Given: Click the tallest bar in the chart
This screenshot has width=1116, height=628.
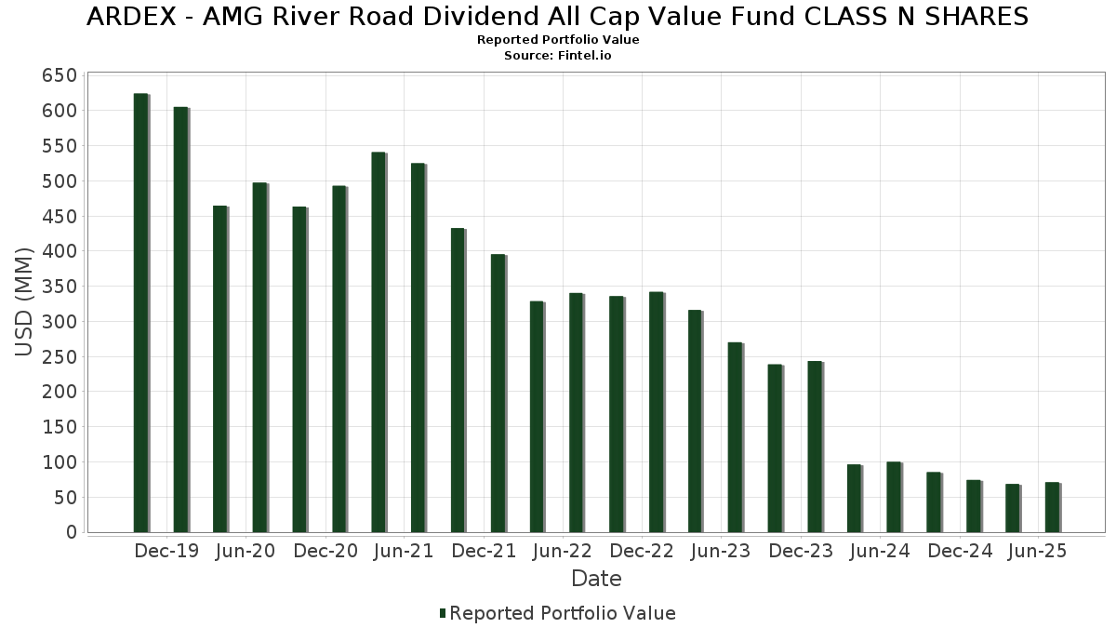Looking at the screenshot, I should pyautogui.click(x=140, y=313).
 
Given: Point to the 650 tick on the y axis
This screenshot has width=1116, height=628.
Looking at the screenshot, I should pyautogui.click(x=59, y=75).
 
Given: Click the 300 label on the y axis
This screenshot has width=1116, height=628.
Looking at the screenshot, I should pyautogui.click(x=59, y=322).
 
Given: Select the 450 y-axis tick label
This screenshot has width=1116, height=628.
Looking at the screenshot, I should pyautogui.click(x=59, y=216).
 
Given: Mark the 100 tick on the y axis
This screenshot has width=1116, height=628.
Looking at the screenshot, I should pyautogui.click(x=59, y=462).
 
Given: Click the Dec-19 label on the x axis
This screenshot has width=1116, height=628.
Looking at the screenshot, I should pyautogui.click(x=166, y=552).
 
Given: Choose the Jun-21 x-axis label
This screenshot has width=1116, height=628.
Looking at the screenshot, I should pyautogui.click(x=404, y=552).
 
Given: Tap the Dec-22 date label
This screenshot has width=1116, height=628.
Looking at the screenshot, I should pyautogui.click(x=642, y=552).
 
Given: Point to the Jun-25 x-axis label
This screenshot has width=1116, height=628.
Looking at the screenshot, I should pyautogui.click(x=1038, y=552).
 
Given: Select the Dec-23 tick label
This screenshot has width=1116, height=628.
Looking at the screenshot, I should pyautogui.click(x=801, y=552).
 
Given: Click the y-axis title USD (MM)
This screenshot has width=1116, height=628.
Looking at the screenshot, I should pyautogui.click(x=25, y=302).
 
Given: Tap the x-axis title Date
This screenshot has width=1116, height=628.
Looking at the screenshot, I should pyautogui.click(x=596, y=579).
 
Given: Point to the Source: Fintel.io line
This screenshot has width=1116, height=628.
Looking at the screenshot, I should pyautogui.click(x=558, y=56).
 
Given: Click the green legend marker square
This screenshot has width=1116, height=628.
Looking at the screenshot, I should pyautogui.click(x=443, y=613).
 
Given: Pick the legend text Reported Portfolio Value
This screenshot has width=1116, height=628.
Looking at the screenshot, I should pyautogui.click(x=563, y=613).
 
